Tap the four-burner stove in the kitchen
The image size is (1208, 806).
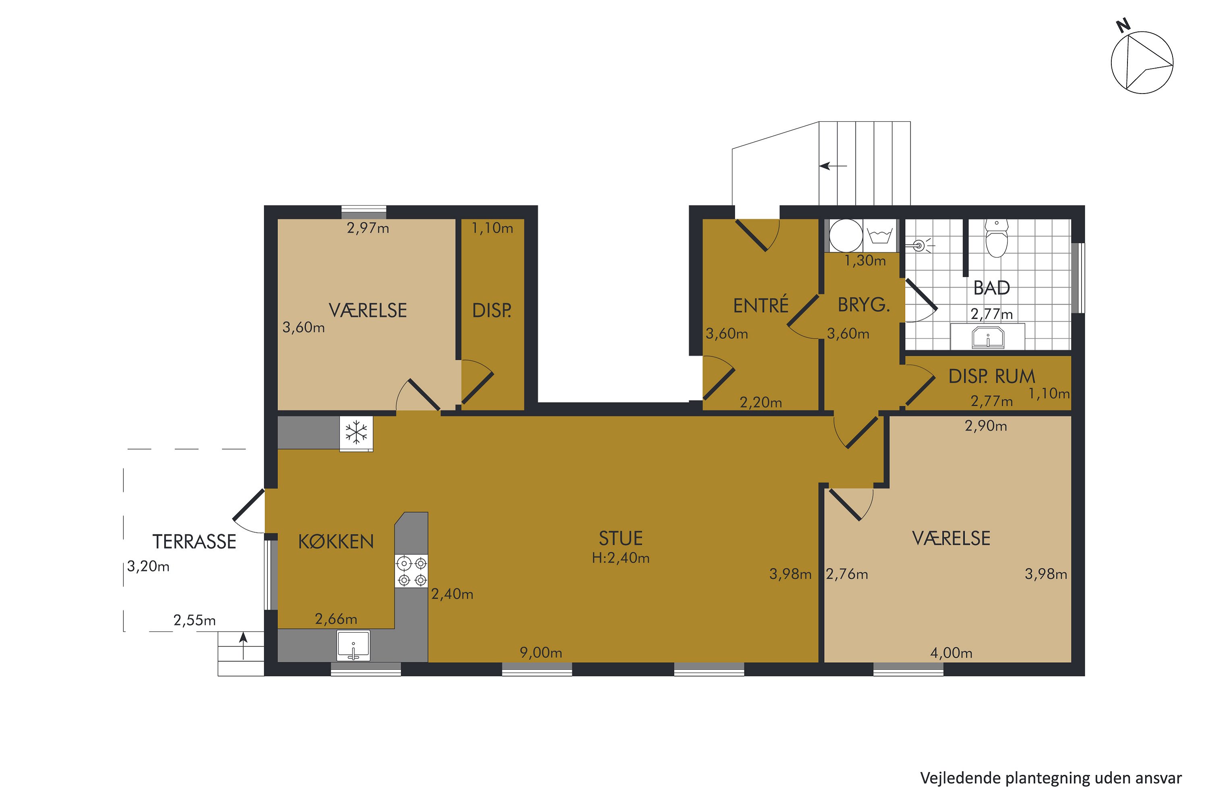tap(412, 571)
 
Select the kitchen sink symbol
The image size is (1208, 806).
tap(354, 646)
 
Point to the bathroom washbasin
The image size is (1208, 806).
tap(988, 338)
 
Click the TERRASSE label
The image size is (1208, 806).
tap(194, 542)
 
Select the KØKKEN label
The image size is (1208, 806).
tap(336, 542)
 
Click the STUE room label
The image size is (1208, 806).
tap(621, 538)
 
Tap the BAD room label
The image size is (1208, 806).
tap(992, 288)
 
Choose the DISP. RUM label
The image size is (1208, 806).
tap(991, 377)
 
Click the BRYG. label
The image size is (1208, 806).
tap(863, 305)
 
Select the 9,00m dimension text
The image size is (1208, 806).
tap(541, 653)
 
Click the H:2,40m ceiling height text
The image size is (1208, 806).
tap(621, 558)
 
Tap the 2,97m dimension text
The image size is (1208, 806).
tap(368, 228)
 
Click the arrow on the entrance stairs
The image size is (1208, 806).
tap(833, 166)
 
